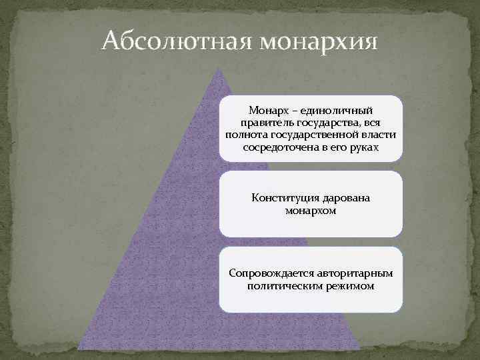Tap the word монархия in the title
point(319,42)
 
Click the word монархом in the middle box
point(311,211)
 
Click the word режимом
point(352,286)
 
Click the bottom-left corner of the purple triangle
point(79,347)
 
